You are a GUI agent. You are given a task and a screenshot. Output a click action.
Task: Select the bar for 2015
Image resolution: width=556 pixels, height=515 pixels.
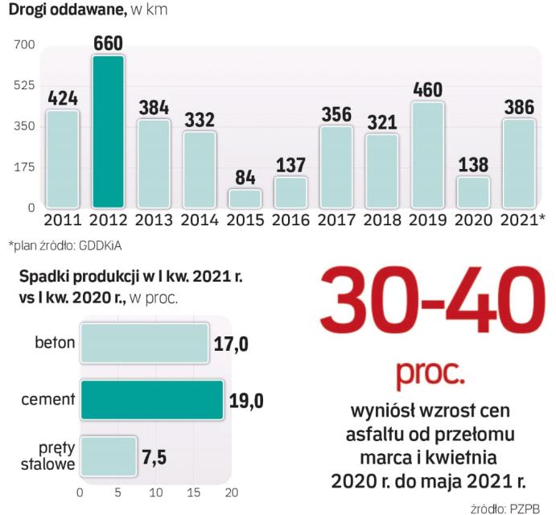coord(245,198)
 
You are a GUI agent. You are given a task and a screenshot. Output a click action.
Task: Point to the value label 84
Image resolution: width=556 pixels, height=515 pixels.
coord(245,177)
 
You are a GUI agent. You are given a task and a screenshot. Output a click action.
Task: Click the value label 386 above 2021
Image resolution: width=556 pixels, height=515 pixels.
coord(519,107)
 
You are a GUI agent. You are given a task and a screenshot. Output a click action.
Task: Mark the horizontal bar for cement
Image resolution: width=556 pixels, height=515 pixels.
coord(152,400)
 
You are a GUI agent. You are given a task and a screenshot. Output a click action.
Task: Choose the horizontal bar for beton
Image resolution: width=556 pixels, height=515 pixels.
coord(144,344)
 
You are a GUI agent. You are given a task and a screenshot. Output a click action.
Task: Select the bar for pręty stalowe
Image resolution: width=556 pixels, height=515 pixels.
coord(109,456)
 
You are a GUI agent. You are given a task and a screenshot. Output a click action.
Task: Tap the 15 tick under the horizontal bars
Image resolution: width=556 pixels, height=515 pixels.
coord(194,492)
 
